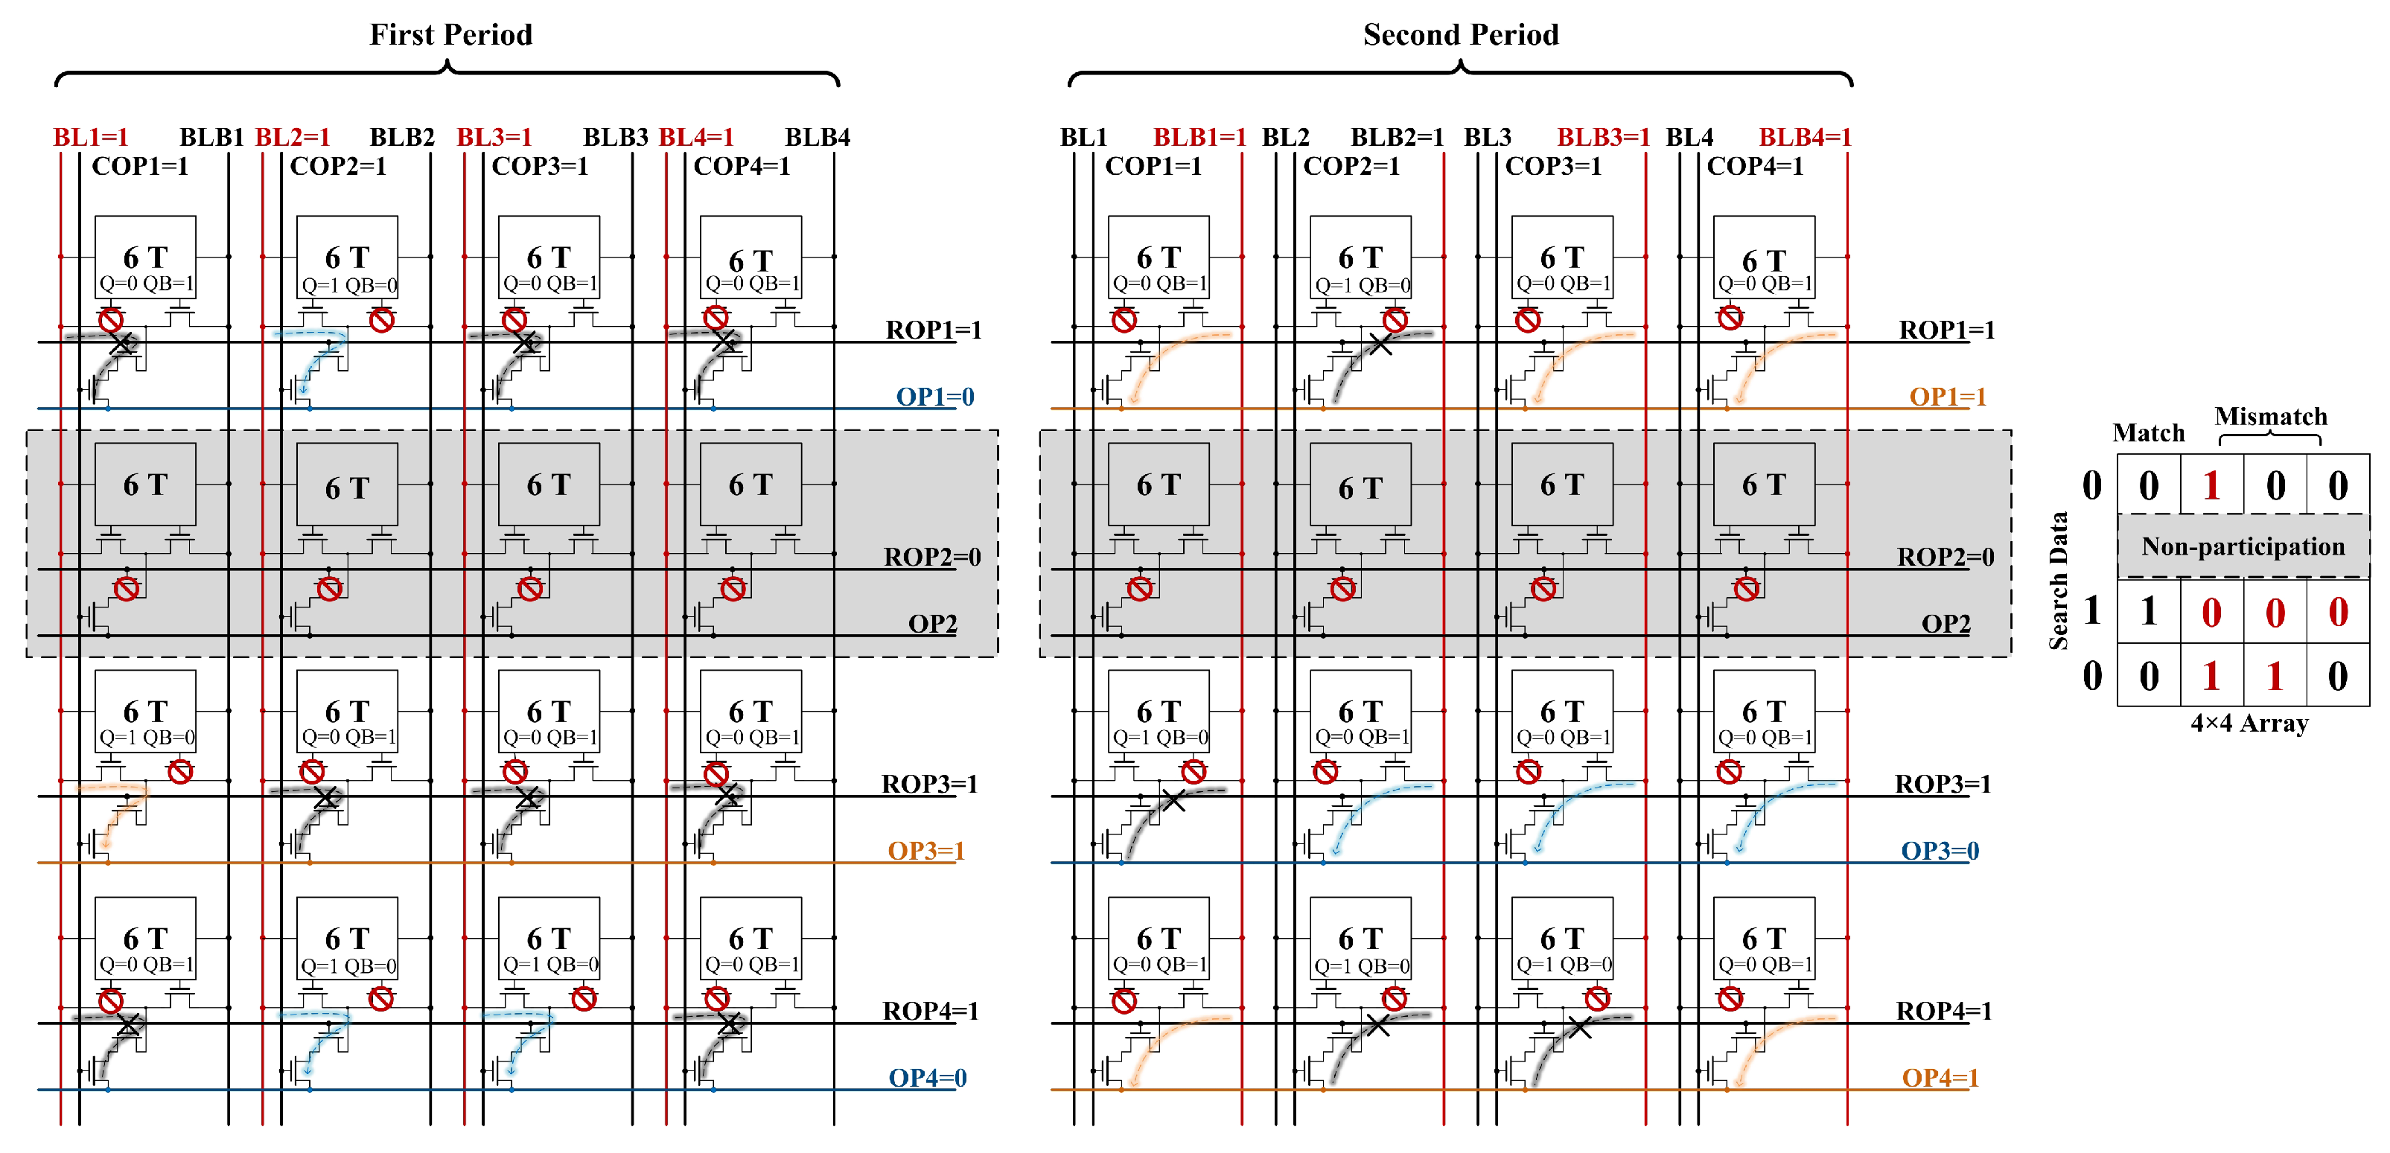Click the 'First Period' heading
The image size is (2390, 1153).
451,35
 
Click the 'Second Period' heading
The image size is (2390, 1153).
1460,35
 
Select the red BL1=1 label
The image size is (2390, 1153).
90,137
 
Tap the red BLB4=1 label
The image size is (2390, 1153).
1805,137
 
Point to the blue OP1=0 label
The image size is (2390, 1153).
934,397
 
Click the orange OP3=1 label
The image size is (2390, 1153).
926,851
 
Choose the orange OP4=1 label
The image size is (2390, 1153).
1940,1078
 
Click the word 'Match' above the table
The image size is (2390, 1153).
2148,433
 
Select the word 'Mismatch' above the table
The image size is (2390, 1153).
2270,417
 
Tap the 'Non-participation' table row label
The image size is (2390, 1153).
2243,547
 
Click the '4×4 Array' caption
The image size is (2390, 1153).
2249,724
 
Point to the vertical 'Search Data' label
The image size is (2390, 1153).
2058,580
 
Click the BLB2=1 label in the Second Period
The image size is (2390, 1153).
1396,137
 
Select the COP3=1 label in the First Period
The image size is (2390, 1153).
540,167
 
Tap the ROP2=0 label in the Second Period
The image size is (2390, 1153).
1946,557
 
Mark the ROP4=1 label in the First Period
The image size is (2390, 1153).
931,1011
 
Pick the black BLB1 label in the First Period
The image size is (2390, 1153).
211,137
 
